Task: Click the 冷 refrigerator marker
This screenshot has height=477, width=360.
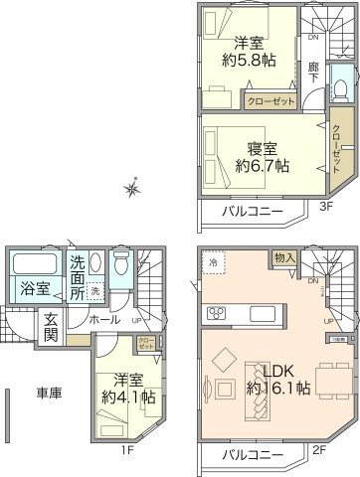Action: [x=213, y=261]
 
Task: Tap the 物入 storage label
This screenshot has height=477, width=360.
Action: [x=284, y=257]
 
